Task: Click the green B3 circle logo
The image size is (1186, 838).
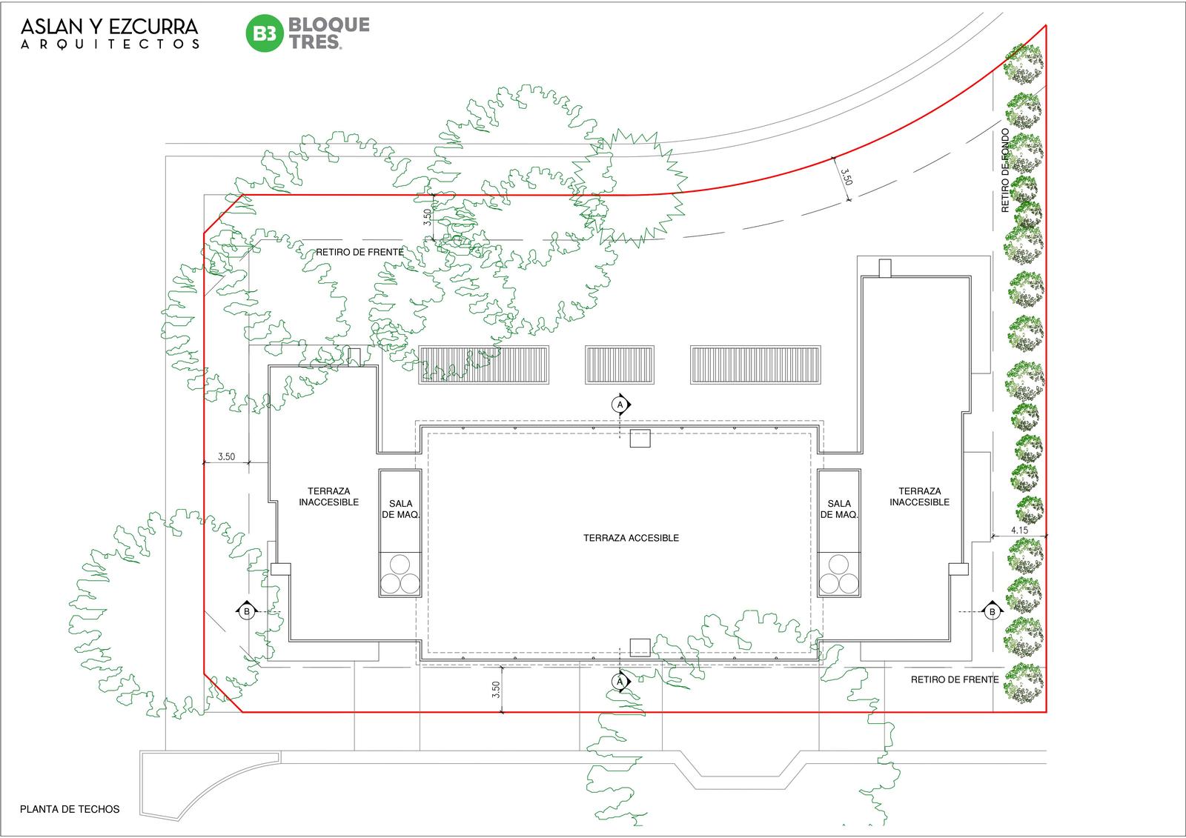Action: point(265,33)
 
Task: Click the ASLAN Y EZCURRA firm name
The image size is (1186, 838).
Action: point(110,27)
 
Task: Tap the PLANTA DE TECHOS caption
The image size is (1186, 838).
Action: point(70,809)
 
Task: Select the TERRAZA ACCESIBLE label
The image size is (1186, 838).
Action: point(631,538)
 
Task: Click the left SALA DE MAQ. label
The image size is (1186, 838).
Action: point(401,509)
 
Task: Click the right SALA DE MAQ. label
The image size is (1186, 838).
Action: point(839,509)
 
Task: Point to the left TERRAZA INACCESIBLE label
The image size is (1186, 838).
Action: point(329,496)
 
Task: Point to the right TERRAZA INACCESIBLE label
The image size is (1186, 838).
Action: point(920,496)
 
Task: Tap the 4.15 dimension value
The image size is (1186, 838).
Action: point(1019,530)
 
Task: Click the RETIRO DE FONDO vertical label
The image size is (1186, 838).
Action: point(1005,170)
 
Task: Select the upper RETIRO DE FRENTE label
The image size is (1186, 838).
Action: point(360,252)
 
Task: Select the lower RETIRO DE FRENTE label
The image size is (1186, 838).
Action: point(955,679)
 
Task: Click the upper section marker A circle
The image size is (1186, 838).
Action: point(620,405)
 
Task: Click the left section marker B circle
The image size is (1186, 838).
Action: point(246,612)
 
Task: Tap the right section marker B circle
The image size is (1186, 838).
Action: point(993,612)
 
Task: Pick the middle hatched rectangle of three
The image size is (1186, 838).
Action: point(620,365)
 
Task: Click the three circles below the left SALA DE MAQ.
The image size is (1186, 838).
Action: point(400,574)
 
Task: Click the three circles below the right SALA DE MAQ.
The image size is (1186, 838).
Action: point(838,574)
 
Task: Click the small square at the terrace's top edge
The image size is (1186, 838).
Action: point(640,439)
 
